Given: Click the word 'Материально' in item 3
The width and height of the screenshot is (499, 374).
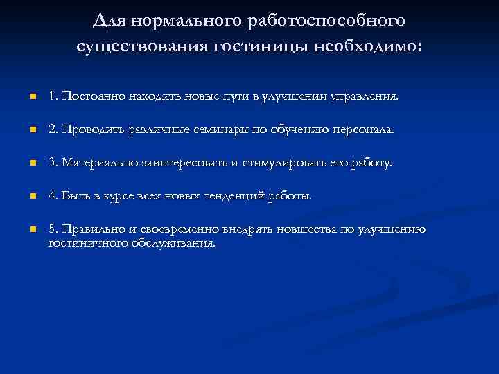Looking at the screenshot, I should click(x=96, y=163).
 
